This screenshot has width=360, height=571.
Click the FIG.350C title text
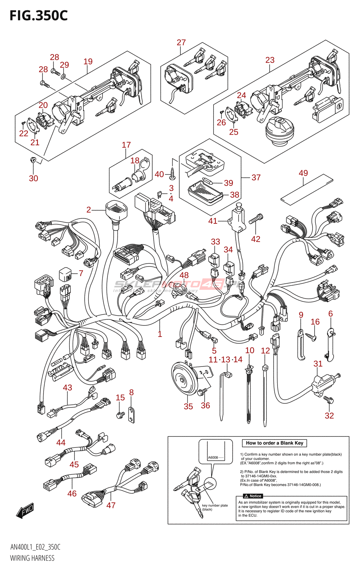pyautogui.click(x=39, y=16)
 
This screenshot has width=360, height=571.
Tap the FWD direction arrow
pyautogui.click(x=25, y=510)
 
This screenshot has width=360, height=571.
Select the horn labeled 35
pyautogui.click(x=184, y=379)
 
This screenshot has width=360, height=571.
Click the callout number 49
pyautogui.click(x=303, y=173)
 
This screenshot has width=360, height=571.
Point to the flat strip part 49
pyautogui.click(x=306, y=188)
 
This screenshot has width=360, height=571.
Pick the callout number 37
pyautogui.click(x=256, y=177)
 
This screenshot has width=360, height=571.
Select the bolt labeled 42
pyautogui.click(x=256, y=219)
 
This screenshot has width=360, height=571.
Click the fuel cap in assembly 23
pyautogui.click(x=280, y=131)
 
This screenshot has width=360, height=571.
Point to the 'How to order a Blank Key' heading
pyautogui.click(x=274, y=443)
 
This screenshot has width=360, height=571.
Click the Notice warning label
pyautogui.click(x=253, y=496)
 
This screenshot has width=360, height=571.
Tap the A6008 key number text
pyautogui.click(x=213, y=458)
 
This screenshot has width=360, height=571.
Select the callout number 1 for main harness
pyautogui.click(x=160, y=334)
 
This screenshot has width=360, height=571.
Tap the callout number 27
pyautogui.click(x=181, y=42)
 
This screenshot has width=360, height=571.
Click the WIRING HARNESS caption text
pyautogui.click(x=32, y=558)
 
